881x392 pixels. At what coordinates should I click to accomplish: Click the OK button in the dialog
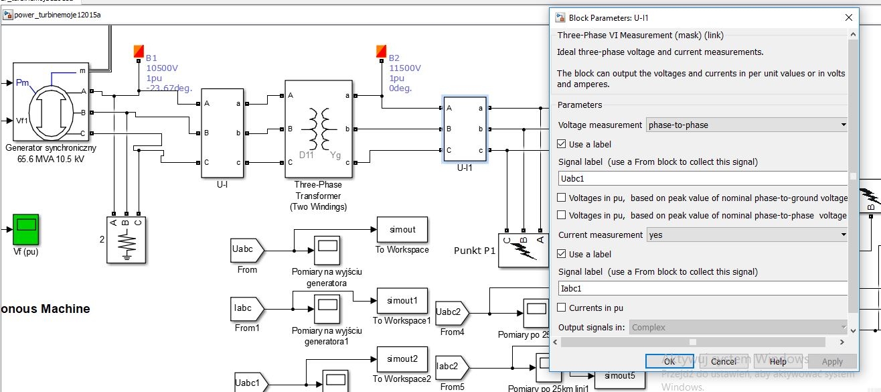(669, 361)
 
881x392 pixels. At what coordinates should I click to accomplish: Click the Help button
(777, 361)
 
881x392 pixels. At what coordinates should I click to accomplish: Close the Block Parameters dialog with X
(849, 18)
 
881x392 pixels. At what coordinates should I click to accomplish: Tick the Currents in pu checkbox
(562, 308)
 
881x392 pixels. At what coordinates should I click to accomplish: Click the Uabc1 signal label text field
(703, 179)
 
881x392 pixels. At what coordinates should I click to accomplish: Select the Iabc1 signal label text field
(703, 289)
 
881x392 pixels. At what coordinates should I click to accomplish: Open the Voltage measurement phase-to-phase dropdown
(746, 125)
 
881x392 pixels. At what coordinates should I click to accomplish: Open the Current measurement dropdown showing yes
(746, 235)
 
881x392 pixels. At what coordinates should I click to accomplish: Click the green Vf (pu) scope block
(26, 229)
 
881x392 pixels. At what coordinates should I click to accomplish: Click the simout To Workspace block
(402, 230)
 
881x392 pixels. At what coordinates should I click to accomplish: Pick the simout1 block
(402, 301)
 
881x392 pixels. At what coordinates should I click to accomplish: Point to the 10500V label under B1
(162, 68)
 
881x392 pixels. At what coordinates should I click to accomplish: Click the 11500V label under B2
(405, 68)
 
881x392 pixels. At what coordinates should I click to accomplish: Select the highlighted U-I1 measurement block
(465, 129)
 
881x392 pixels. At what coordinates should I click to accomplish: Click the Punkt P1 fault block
(524, 250)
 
